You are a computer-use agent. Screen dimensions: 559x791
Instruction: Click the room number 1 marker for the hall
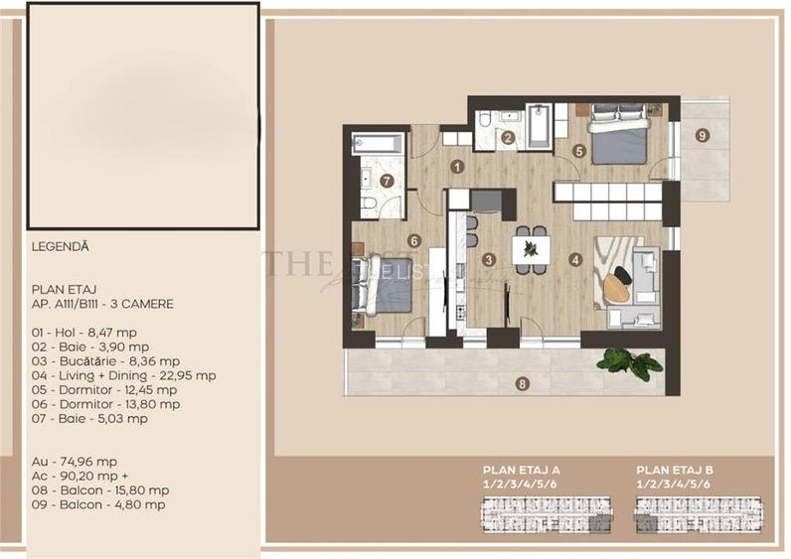pos(457,167)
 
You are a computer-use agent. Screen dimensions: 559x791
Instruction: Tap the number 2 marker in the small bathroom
pos(508,138)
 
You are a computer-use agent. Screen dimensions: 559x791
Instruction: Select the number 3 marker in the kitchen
pos(488,260)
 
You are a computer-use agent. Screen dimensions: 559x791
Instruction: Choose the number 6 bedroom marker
pos(413,239)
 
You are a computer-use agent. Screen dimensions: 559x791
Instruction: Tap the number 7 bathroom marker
pos(387,181)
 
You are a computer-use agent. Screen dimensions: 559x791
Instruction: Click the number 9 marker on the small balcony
pos(703,135)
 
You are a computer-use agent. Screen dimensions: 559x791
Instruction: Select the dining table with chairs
pos(530,248)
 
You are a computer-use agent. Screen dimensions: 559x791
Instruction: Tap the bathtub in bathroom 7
pos(379,144)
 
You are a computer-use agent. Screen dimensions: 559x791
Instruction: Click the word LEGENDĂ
pos(61,246)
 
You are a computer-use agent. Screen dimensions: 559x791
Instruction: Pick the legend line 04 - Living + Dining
pos(123,375)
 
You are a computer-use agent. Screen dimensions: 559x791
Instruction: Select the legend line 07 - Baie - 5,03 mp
pos(89,418)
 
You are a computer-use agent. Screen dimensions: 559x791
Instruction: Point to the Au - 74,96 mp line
pos(75,462)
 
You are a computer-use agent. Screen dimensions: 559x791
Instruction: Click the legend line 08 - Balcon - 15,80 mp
pos(100,489)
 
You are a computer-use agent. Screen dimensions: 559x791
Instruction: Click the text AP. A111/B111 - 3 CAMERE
pos(101,303)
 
